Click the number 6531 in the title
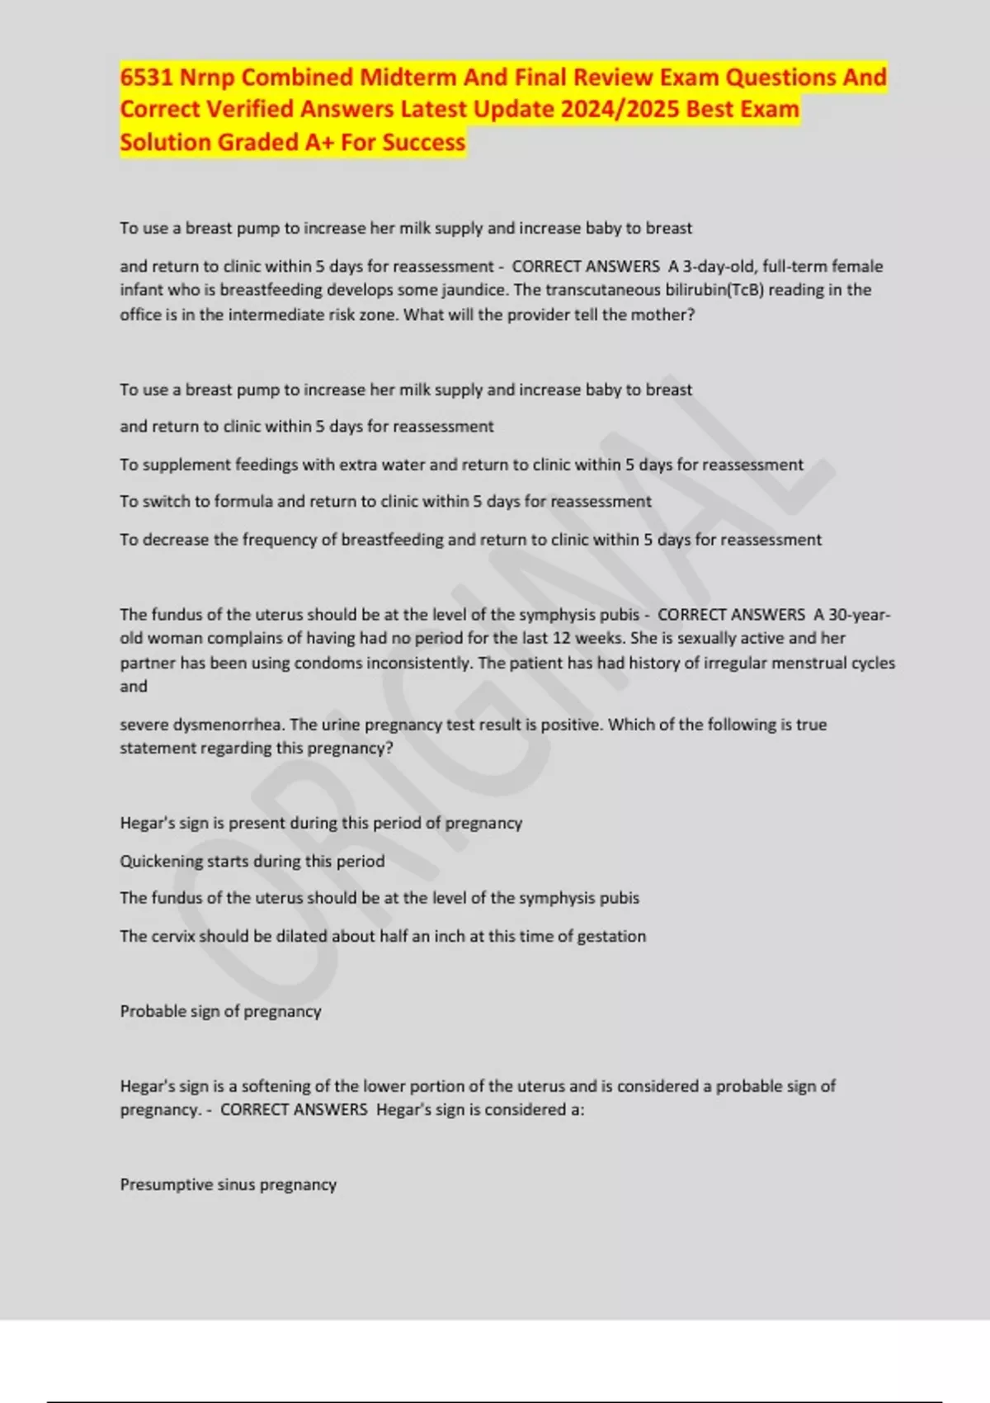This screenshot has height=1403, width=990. (147, 78)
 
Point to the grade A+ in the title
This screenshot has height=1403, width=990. (319, 143)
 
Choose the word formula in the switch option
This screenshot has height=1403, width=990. (243, 502)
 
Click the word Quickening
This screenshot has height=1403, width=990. (162, 862)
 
